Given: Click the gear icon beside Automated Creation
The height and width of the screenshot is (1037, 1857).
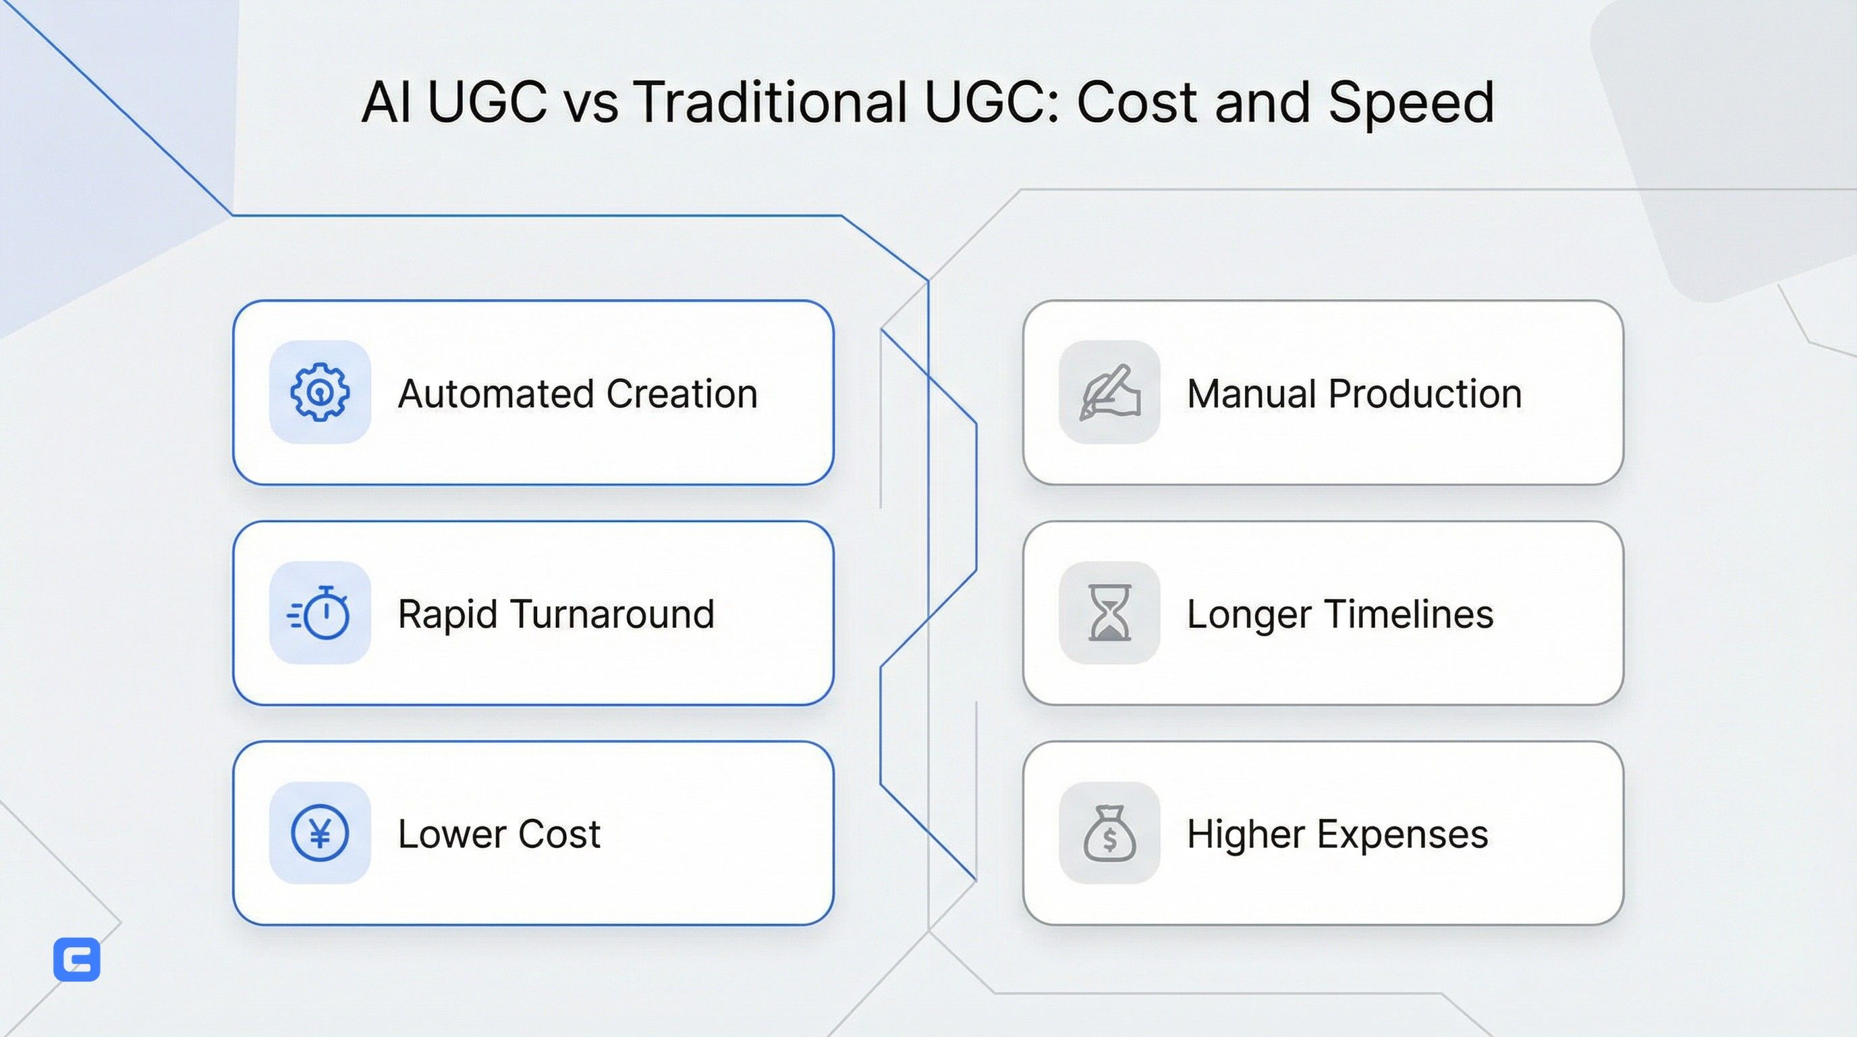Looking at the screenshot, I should coord(319,392).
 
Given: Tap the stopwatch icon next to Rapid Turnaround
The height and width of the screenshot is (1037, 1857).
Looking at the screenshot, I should coord(319,613).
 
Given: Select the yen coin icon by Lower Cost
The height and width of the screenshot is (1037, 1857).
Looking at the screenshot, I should coord(319,833).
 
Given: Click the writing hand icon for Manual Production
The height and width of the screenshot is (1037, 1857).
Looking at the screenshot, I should coord(1109,392).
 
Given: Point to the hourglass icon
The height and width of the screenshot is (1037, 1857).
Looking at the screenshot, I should coord(1109,613).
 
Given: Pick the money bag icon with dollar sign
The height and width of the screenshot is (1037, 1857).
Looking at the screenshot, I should coord(1109,834).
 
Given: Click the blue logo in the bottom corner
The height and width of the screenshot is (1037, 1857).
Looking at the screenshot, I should coord(77,960).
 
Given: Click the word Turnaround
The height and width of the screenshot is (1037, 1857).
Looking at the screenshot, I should coord(613,614).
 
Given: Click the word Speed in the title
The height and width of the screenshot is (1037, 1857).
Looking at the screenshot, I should coord(1411,103).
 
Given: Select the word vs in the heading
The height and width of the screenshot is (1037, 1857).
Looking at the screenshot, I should coord(590,103).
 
